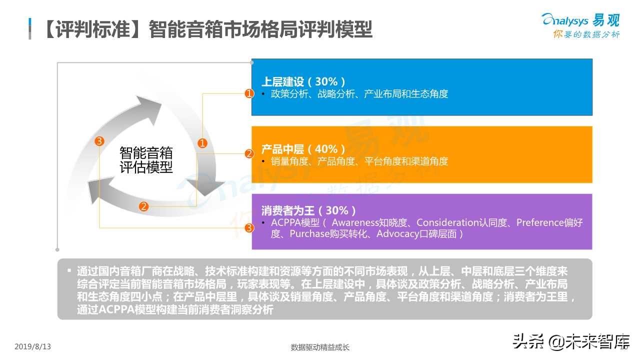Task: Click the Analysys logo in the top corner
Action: coord(580,20)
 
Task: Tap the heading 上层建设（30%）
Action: coord(303,81)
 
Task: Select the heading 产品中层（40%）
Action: coord(303,149)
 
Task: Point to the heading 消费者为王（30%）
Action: coord(309,210)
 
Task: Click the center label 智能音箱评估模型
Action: coord(146,159)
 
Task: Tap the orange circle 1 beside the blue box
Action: coord(249,93)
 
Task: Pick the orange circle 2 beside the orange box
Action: coord(249,154)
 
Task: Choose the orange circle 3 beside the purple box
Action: coord(249,228)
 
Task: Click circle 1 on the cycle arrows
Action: coord(202,143)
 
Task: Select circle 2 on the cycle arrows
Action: coord(144,206)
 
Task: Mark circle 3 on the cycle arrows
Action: coord(99,141)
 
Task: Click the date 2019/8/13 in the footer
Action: coord(33,346)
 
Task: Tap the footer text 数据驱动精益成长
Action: coord(320,347)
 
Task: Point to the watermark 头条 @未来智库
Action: coord(570,342)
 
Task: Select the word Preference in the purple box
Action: coord(540,222)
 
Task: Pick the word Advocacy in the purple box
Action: coord(396,234)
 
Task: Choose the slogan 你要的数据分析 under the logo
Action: coord(586,34)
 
